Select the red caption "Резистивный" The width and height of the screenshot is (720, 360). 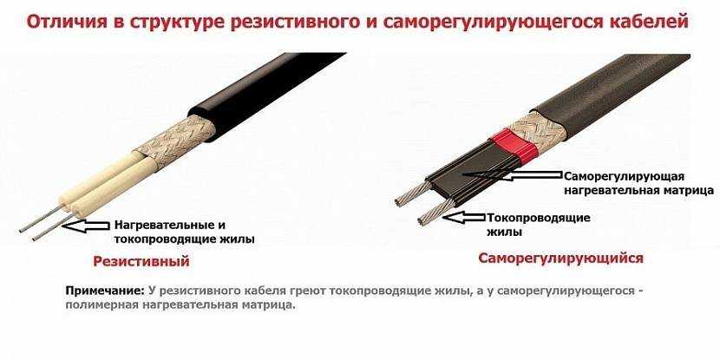pos(141,262)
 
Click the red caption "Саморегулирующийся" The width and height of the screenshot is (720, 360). pos(560,258)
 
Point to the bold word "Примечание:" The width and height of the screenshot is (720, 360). pos(106,291)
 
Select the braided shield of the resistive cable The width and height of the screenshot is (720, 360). pos(175,141)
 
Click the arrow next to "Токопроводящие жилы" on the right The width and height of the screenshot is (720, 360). pos(464,218)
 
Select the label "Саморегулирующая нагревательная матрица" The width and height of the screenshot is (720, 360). pos(638,184)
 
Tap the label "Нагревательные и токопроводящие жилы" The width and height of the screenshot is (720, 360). pos(184,232)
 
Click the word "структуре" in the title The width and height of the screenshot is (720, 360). pos(178,23)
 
